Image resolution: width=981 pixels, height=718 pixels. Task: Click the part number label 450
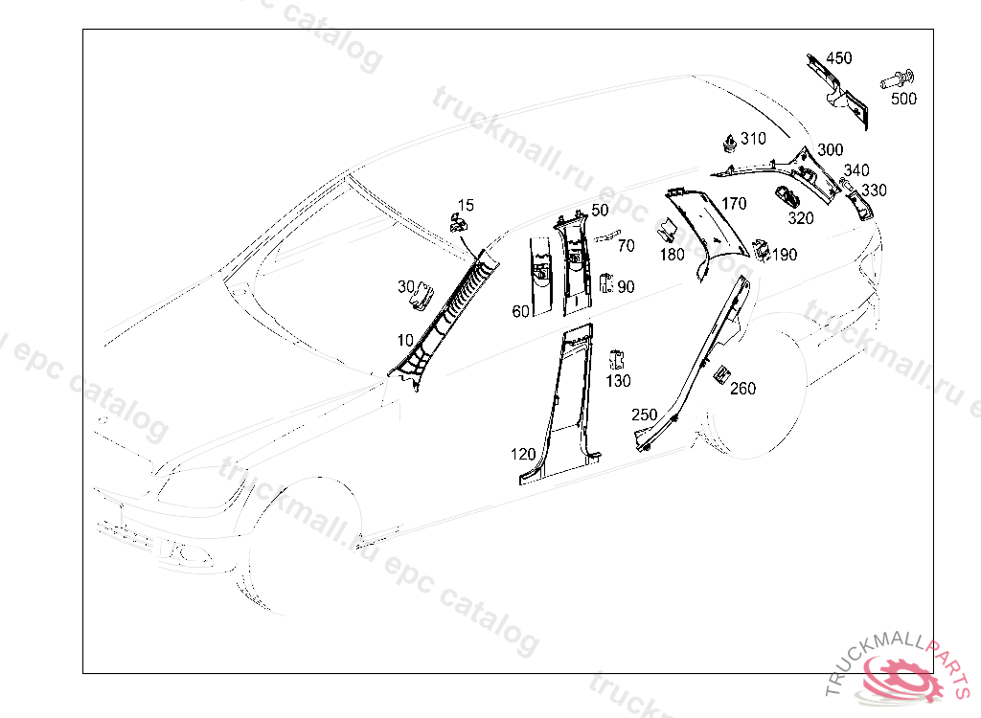[838, 58]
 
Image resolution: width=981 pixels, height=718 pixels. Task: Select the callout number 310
[753, 139]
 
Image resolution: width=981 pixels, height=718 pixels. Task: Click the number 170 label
[734, 204]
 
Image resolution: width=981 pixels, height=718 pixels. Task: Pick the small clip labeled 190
[763, 249]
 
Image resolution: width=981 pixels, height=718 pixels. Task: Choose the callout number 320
[801, 218]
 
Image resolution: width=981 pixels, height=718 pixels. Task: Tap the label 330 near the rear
[873, 191]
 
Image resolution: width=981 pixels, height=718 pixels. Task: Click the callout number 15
[466, 205]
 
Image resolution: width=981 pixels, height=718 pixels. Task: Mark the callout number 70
[626, 246]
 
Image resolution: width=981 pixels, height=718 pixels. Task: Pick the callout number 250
[644, 415]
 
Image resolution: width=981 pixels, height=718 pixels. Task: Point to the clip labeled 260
[721, 374]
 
